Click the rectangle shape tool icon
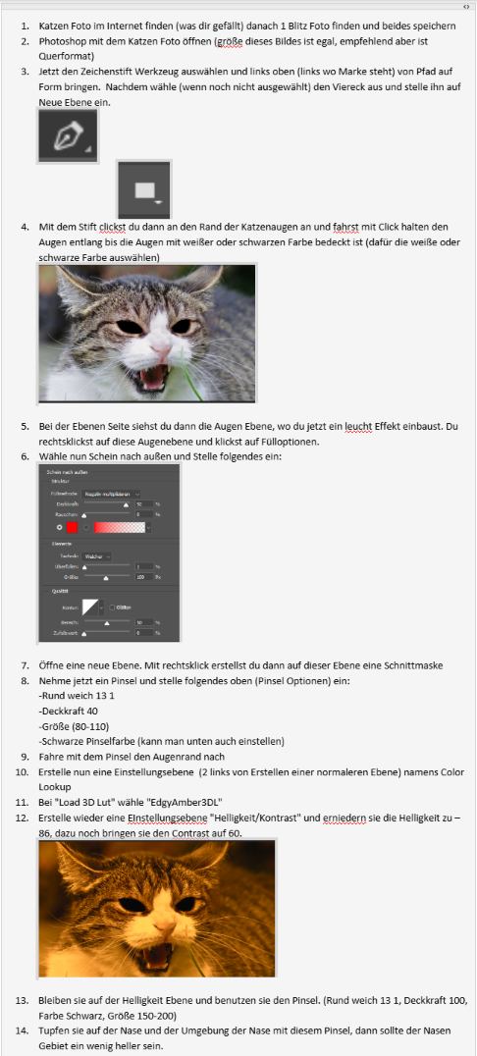click(145, 189)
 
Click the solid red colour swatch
click(72, 527)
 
